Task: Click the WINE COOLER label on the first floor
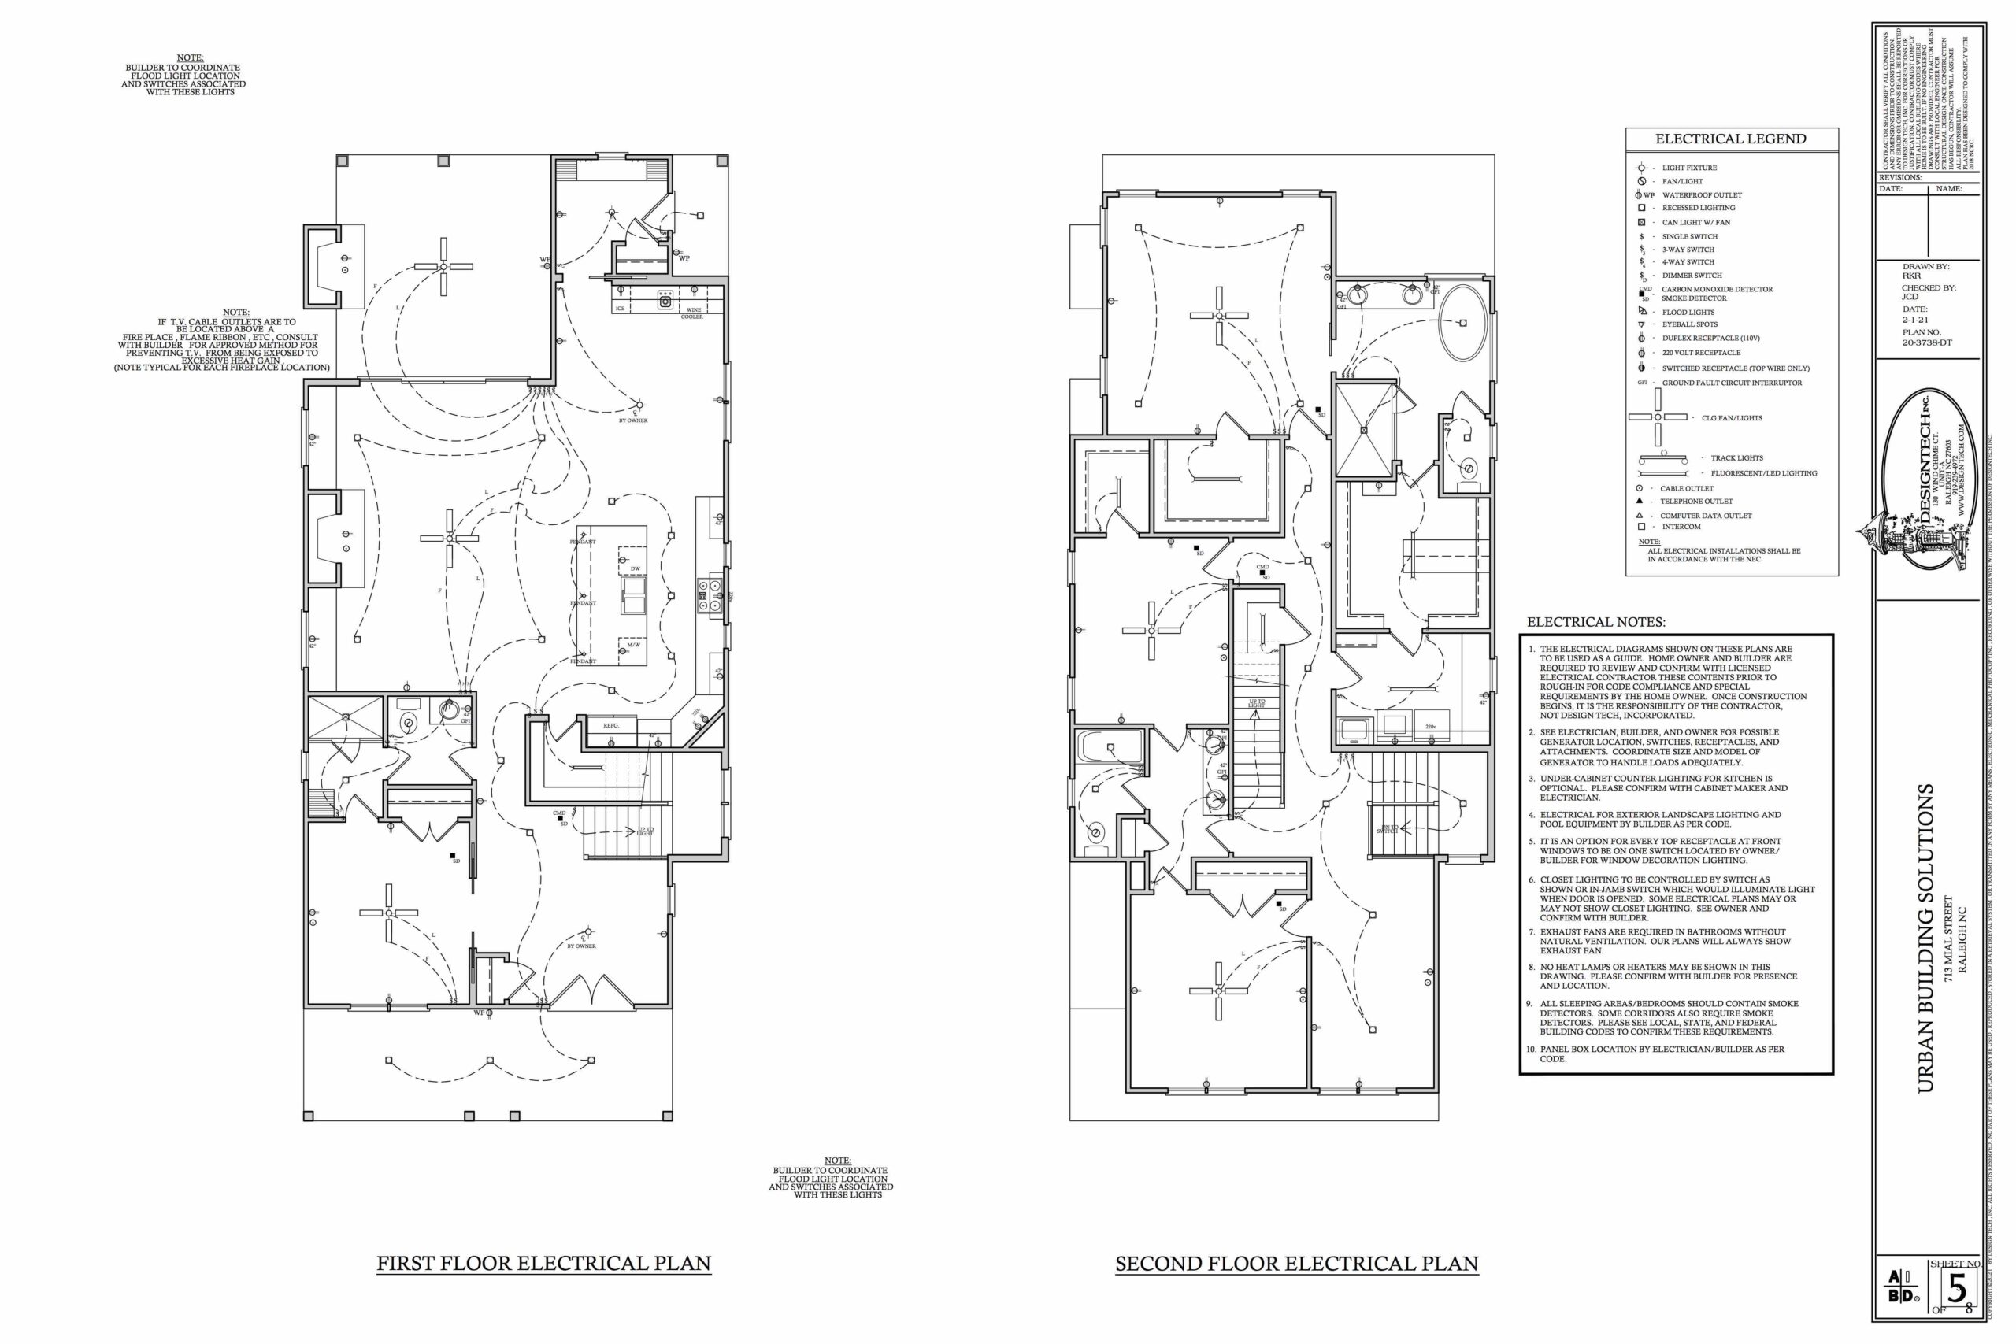coord(692,313)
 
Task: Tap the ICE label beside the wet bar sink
coord(620,309)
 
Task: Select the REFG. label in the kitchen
coord(610,726)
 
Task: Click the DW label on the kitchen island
coord(636,569)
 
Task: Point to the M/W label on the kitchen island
coord(633,646)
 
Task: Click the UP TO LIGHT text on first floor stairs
coord(647,831)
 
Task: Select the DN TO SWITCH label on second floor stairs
coord(1387,830)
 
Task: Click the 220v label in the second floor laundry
coord(1431,726)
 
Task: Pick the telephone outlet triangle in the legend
coord(1640,501)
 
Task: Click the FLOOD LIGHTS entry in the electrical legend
coord(1688,312)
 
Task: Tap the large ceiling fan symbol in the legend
coord(1658,417)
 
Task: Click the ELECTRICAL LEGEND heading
coord(1731,139)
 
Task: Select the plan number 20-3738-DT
coord(1927,342)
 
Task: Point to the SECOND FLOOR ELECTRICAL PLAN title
coord(1296,1264)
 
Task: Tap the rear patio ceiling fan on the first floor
coord(443,267)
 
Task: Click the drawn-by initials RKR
coord(1912,276)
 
